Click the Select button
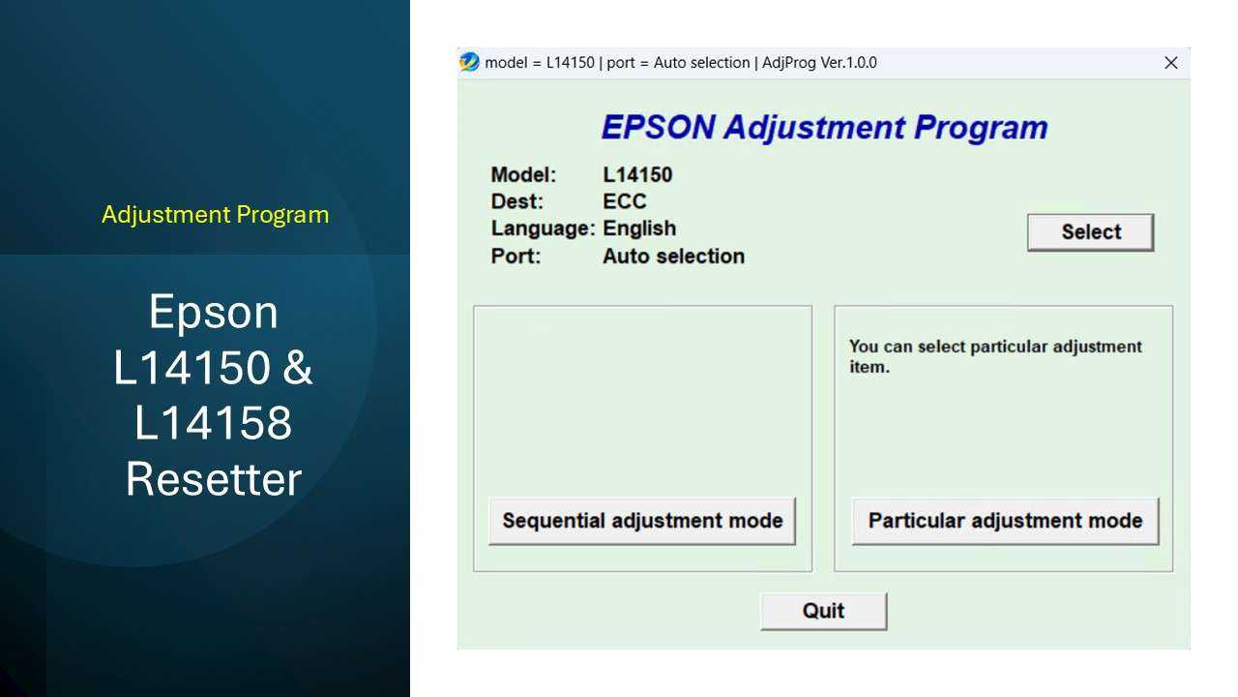[x=1090, y=232]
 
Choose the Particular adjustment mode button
[x=1005, y=521]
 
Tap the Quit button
[x=823, y=611]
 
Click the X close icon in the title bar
[x=1170, y=63]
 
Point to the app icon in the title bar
[x=469, y=62]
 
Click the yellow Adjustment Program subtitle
[x=215, y=214]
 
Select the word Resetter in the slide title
[x=214, y=479]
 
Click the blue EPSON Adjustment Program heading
[x=824, y=127]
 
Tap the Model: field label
[x=523, y=175]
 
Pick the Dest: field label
[x=517, y=202]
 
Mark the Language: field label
[x=542, y=229]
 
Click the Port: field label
[x=516, y=257]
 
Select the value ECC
[x=624, y=202]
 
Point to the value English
[x=639, y=229]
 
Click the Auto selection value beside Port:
[x=673, y=257]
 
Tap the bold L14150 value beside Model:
[x=637, y=175]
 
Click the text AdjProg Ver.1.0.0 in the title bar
[x=820, y=63]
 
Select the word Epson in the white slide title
[x=214, y=312]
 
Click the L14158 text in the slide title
[x=214, y=423]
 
